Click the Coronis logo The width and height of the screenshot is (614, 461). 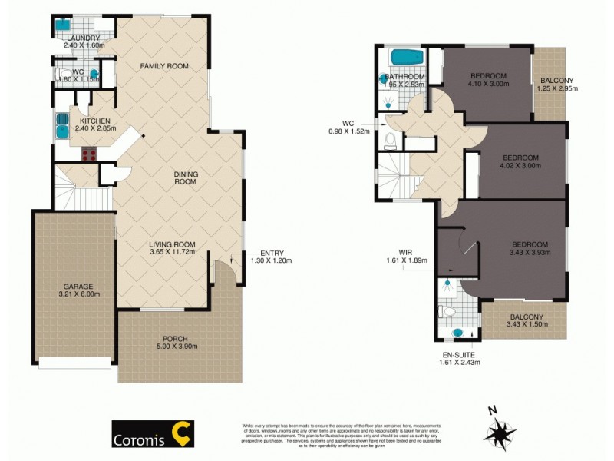(x=153, y=433)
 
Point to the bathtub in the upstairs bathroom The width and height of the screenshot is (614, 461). (x=401, y=58)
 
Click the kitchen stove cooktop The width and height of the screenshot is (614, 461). (x=89, y=153)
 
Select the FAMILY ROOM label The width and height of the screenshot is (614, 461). (x=163, y=67)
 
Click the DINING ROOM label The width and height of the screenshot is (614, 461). (x=185, y=178)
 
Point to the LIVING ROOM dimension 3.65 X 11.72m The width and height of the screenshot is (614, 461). (x=172, y=251)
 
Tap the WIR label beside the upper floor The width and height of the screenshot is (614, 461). (x=407, y=251)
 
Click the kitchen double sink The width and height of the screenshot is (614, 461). (x=61, y=125)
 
